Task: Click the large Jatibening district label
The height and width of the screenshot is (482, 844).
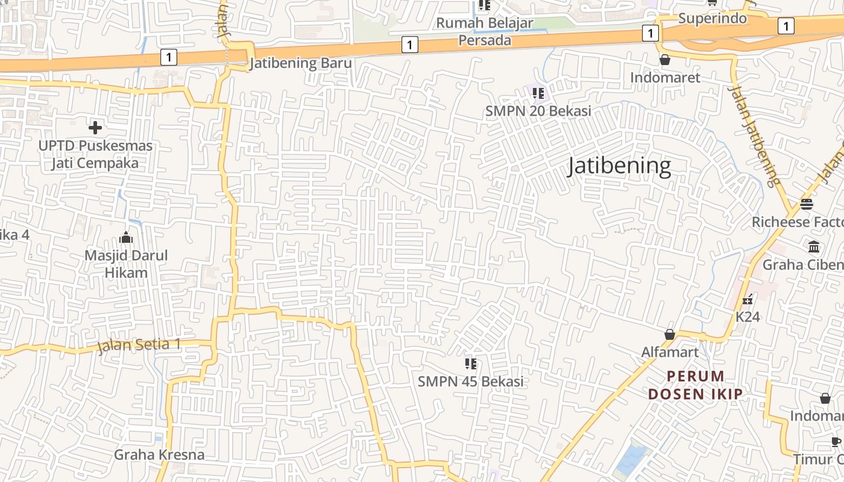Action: coord(619,166)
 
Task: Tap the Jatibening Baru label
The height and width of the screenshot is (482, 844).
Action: coord(300,63)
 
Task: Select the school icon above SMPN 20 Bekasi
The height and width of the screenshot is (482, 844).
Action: coord(538,93)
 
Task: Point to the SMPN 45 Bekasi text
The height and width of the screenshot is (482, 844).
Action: coord(470,381)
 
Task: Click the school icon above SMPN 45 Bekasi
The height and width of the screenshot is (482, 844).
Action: coord(471,363)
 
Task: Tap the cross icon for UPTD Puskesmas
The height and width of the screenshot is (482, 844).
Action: coord(95,128)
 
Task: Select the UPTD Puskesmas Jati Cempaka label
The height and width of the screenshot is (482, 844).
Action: coord(95,154)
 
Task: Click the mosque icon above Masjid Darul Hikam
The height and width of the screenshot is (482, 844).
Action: coord(126,237)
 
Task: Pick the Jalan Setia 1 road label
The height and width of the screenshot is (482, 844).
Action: coord(139,345)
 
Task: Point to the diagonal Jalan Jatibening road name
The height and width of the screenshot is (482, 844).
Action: coord(754,136)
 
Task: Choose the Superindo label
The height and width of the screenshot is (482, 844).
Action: coord(713,19)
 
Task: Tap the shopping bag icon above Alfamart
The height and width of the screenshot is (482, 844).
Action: coord(669,334)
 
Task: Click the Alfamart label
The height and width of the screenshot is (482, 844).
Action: coord(670,352)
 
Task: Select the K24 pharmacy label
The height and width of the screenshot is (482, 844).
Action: coord(748,316)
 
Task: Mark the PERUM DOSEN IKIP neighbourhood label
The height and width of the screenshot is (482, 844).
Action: coord(695,385)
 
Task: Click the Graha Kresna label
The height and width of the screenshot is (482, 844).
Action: coord(159,454)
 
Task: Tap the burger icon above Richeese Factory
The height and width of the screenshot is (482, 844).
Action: coord(807,204)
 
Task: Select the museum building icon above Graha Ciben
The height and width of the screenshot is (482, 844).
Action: coord(814,246)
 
